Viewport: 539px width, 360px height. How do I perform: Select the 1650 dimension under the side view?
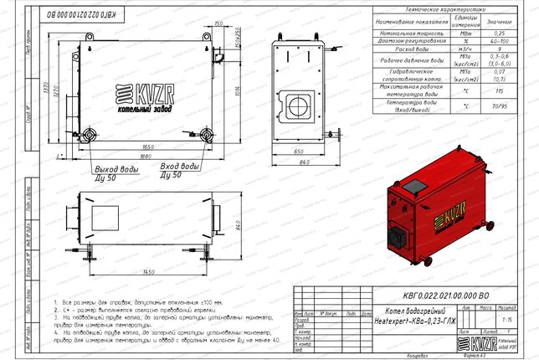coord(146,146)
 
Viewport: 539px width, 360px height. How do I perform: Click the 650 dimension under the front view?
coord(299,152)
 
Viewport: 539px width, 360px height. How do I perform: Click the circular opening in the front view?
coord(297,107)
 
